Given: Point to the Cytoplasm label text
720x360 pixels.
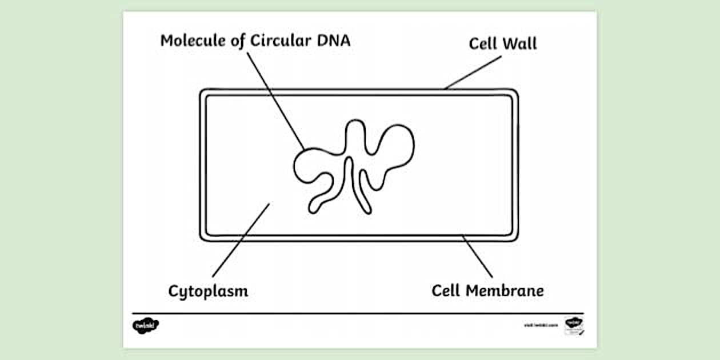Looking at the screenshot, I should (208, 291).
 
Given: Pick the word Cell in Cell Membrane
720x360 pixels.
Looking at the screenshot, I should (446, 291).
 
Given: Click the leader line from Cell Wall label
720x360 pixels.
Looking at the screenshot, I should (473, 73).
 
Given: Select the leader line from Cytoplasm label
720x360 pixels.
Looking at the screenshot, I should (241, 240).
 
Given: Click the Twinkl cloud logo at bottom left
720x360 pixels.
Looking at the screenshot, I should (145, 326).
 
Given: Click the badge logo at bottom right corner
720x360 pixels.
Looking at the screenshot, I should (573, 325).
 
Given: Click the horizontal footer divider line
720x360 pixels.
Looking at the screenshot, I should (358, 313).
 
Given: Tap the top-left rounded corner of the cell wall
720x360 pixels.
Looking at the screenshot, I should (203, 93).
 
